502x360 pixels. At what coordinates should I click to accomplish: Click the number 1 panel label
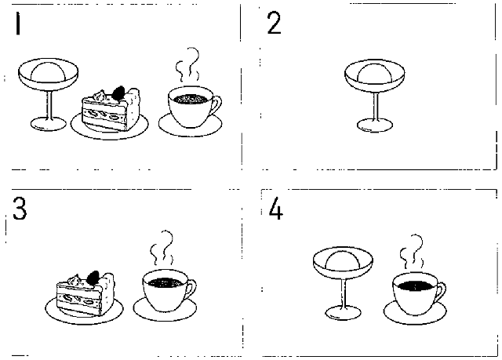18,24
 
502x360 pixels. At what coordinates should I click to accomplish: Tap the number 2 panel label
274,23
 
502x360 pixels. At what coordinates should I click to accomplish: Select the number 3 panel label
20,209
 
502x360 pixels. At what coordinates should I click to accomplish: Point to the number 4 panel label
275,209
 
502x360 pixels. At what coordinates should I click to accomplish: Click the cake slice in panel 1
111,109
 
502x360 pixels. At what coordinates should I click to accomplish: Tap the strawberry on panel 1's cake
118,93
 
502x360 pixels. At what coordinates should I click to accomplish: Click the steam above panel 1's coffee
188,66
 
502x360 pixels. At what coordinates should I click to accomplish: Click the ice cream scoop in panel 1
48,70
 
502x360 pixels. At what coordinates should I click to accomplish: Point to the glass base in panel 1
48,124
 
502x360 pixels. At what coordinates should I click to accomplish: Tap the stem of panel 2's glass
376,105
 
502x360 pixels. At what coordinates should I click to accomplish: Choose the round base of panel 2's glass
375,125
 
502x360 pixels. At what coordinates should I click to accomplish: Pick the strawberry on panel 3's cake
93,278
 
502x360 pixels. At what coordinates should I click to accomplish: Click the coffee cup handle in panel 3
191,290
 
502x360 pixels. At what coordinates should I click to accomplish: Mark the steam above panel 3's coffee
162,248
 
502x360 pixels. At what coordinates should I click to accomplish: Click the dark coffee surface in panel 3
165,282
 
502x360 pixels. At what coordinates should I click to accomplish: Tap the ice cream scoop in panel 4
343,259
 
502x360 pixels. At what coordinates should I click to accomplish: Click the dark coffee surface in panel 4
415,285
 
